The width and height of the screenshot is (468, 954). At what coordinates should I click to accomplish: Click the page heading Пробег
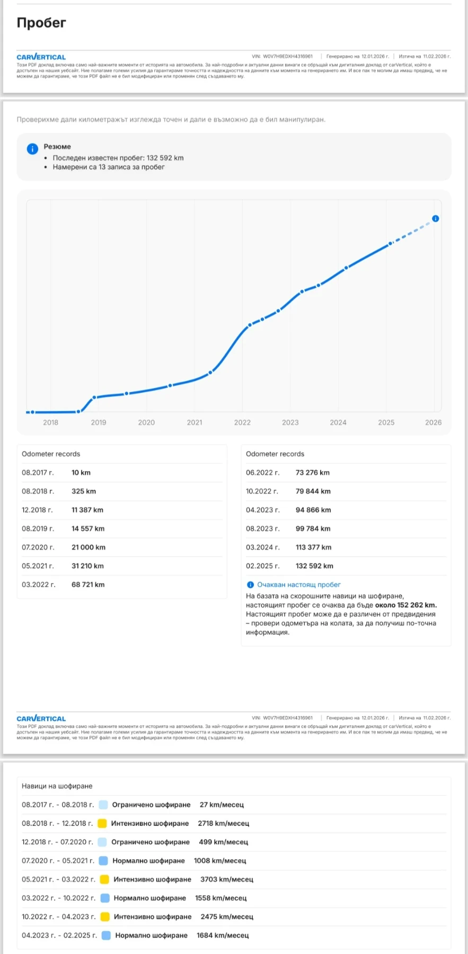click(x=41, y=23)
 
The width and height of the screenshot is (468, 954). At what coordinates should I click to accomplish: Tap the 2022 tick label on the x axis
click(x=242, y=422)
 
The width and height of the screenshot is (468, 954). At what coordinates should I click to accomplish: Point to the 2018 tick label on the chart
click(x=50, y=422)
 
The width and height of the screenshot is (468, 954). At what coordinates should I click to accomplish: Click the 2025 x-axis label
click(x=386, y=422)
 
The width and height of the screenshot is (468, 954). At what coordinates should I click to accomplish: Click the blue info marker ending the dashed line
click(x=435, y=218)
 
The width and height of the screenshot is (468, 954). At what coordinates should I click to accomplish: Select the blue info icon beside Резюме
click(x=32, y=149)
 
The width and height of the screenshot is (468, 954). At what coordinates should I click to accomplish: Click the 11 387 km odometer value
click(x=87, y=510)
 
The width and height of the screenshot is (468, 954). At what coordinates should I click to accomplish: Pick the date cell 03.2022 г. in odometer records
click(x=38, y=585)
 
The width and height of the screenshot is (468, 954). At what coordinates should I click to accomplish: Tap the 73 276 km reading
click(x=312, y=473)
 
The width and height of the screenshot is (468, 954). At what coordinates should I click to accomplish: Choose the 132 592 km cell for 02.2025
click(x=314, y=566)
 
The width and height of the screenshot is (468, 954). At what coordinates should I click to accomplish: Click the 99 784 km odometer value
click(x=313, y=528)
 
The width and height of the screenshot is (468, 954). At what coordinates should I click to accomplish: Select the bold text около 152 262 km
click(x=405, y=605)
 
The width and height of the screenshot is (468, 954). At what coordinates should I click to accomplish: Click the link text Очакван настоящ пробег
click(x=298, y=585)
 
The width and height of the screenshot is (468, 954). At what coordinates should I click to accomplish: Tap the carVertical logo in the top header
click(x=41, y=57)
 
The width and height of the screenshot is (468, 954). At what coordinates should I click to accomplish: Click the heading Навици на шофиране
click(x=57, y=786)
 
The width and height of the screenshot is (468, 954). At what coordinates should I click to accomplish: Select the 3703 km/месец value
click(x=226, y=879)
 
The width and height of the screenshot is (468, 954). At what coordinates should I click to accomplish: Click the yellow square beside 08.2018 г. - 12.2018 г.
click(x=102, y=824)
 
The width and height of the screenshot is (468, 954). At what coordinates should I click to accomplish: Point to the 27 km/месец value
click(x=222, y=805)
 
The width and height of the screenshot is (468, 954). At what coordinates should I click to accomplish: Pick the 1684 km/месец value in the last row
click(x=223, y=935)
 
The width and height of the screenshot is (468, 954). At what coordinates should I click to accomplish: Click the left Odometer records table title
click(x=51, y=454)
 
